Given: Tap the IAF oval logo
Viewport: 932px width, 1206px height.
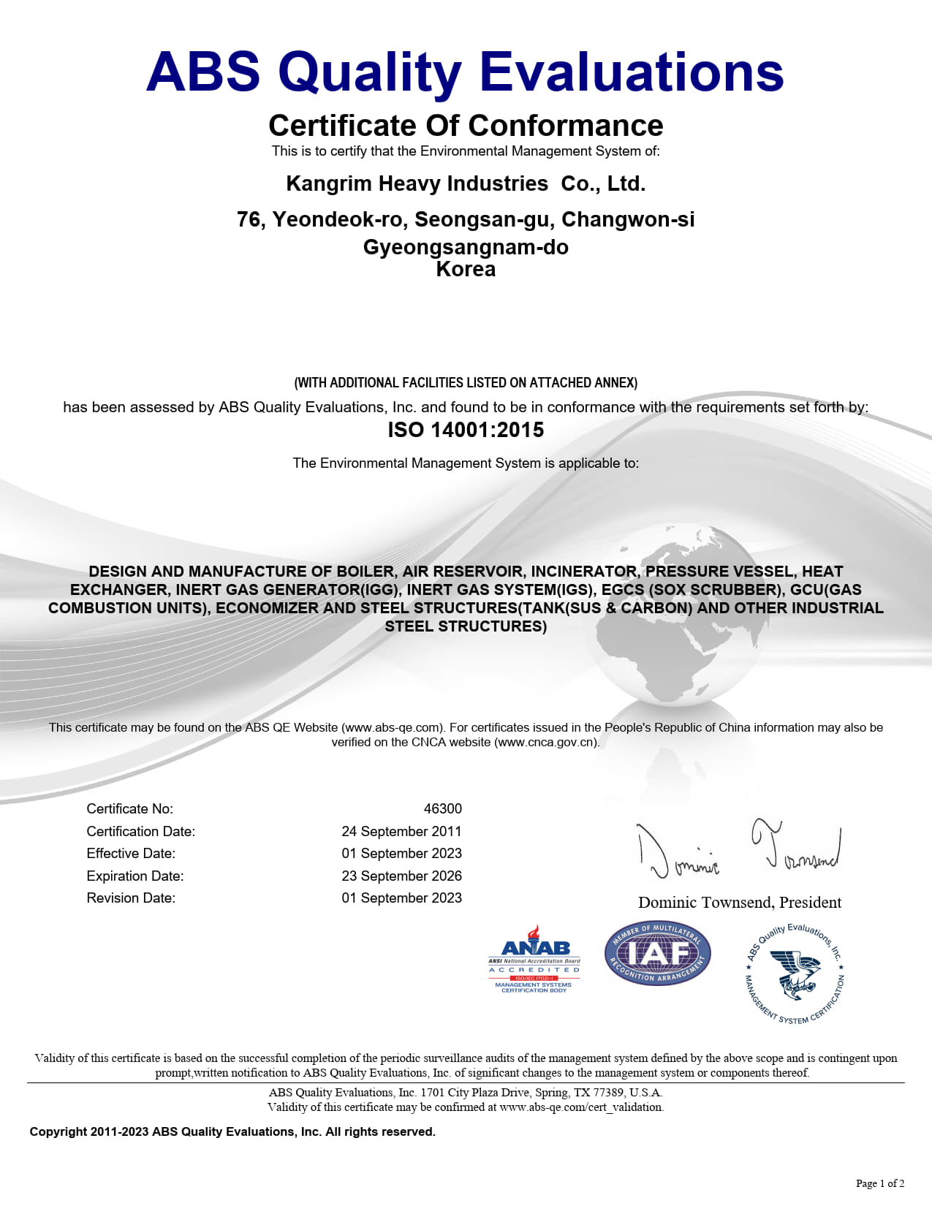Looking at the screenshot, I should click(657, 953).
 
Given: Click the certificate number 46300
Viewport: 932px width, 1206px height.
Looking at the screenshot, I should click(442, 809).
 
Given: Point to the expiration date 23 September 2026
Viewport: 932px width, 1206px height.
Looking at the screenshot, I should click(401, 876).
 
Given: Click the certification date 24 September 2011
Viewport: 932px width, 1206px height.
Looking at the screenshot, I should click(401, 832).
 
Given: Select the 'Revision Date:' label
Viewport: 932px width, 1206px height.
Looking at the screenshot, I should click(131, 898).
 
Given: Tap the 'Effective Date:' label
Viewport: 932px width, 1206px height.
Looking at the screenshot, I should click(131, 854).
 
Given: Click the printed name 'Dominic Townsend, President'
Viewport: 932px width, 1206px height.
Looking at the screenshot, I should click(739, 903).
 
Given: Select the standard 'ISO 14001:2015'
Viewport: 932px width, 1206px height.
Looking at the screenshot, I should click(466, 430).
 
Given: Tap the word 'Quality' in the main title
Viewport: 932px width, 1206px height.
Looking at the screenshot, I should click(369, 72).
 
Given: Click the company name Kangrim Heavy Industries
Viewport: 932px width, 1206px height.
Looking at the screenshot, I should click(417, 183).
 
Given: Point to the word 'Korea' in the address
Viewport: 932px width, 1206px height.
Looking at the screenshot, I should click(466, 270).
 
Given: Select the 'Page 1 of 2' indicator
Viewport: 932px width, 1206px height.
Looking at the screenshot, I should click(879, 1183).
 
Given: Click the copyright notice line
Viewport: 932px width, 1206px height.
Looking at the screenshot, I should click(232, 1131).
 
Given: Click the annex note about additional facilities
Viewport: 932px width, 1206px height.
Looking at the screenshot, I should click(466, 383).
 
